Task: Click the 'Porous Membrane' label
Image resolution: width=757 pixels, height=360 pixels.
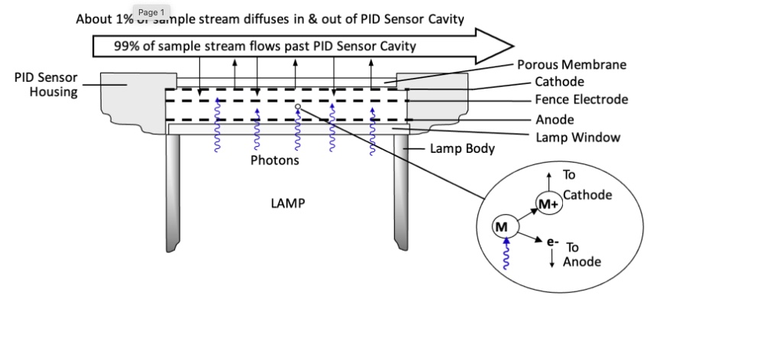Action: (x=571, y=64)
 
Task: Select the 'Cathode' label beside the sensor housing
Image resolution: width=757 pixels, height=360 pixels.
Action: (x=559, y=82)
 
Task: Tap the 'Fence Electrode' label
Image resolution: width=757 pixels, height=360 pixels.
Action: (x=581, y=99)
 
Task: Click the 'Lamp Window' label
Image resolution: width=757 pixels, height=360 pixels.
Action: (x=578, y=138)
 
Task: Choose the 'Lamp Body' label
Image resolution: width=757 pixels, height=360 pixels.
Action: (x=462, y=148)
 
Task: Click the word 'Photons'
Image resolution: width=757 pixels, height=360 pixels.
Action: (x=275, y=160)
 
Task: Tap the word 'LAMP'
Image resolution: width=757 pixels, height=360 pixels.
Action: (x=288, y=203)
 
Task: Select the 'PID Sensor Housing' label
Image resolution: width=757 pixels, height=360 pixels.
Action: (x=46, y=85)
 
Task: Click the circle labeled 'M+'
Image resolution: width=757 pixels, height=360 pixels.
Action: (x=548, y=204)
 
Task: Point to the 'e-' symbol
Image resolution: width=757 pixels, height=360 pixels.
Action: (x=553, y=242)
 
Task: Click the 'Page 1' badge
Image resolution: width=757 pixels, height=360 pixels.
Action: (x=151, y=12)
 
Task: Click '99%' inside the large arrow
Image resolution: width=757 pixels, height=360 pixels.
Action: (x=127, y=47)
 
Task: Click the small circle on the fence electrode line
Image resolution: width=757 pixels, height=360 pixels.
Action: (x=298, y=106)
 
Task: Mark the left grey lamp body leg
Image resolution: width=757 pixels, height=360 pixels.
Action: (x=173, y=193)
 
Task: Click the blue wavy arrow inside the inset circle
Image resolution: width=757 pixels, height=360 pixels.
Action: (x=506, y=253)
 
